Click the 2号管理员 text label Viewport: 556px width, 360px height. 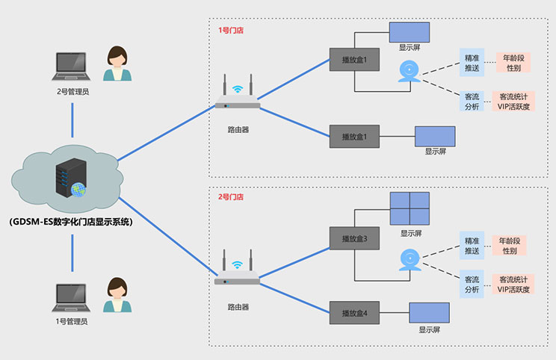tap(72, 92)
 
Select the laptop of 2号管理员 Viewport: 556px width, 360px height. tap(72, 66)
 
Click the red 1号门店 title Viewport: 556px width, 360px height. tap(230, 31)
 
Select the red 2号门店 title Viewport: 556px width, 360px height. tap(230, 197)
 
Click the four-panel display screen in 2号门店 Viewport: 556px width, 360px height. tap(410, 209)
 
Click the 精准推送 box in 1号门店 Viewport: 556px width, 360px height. tap(472, 63)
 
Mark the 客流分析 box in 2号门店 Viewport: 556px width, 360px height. tap(472, 284)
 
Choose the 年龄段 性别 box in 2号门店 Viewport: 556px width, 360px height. tap(511, 246)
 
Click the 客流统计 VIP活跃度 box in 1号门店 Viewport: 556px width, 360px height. tap(513, 102)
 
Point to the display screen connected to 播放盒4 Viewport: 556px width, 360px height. tap(429, 312)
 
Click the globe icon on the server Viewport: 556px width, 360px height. tap(78, 191)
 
